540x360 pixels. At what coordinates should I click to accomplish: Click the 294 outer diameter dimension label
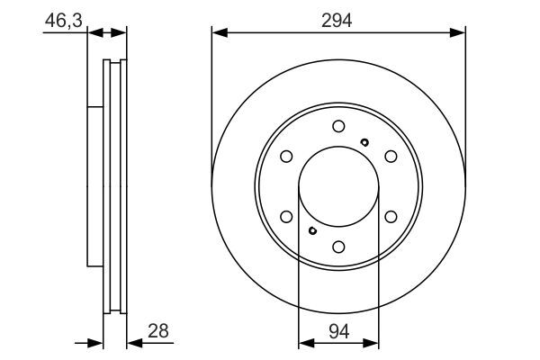(x=338, y=18)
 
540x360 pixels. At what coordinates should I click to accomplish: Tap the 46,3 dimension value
(x=61, y=18)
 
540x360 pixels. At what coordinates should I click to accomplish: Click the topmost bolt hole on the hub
(x=338, y=126)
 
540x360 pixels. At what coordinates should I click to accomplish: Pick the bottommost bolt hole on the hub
(x=338, y=246)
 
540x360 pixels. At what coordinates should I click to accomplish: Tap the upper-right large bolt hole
(x=391, y=157)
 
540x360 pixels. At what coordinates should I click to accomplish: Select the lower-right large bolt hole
(x=391, y=216)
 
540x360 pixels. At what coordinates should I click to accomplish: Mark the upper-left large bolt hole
(x=286, y=157)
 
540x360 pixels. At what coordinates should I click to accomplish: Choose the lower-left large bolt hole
(x=286, y=216)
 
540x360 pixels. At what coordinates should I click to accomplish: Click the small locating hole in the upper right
(x=364, y=142)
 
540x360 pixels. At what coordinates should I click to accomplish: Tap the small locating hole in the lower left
(x=311, y=230)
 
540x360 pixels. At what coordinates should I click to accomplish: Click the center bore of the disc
(x=338, y=186)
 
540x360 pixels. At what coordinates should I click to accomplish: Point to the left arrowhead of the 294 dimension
(x=217, y=33)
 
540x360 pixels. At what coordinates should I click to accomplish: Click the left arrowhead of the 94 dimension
(x=303, y=342)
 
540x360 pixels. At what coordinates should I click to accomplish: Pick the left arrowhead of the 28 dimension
(x=95, y=342)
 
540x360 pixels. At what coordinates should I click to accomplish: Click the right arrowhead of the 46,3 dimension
(x=122, y=33)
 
